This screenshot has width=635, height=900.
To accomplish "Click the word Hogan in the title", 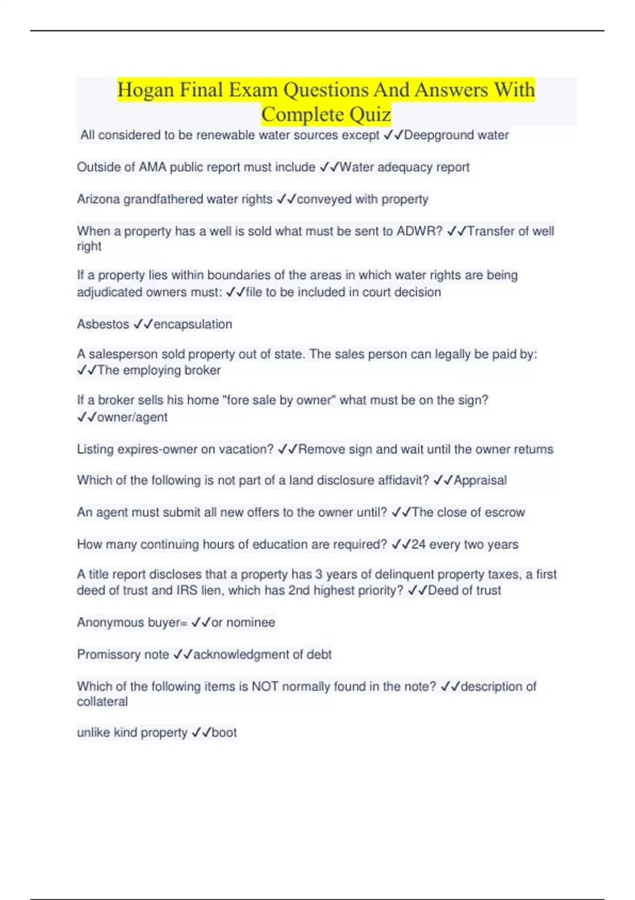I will tap(146, 90).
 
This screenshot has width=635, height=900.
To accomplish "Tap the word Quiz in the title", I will tap(369, 114).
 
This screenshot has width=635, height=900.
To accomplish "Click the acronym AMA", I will tap(152, 167).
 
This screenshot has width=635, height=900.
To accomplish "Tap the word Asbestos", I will tap(103, 324).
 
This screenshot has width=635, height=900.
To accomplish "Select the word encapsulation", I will tap(193, 324).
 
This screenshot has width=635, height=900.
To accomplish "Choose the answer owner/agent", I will tap(132, 417).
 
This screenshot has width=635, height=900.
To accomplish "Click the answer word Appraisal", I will tap(480, 480).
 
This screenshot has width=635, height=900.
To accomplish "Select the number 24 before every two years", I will tap(418, 544).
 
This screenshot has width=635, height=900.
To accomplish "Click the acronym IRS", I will tap(187, 590).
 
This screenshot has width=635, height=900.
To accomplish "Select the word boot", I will tap(224, 733).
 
